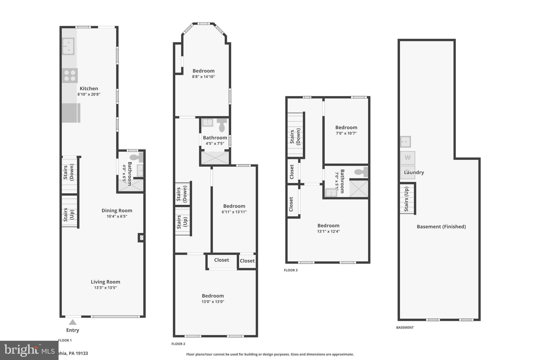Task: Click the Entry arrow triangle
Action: [x=73, y=322]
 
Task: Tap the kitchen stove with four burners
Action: [x=70, y=75]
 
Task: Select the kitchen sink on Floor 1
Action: [x=68, y=46]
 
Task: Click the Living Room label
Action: [x=105, y=282]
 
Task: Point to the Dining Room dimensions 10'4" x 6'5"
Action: [x=117, y=216]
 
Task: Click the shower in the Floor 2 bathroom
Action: [x=215, y=158]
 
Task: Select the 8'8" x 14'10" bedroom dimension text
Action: [x=203, y=77]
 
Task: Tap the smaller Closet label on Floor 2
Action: [x=247, y=261]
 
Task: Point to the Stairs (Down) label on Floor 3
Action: [x=295, y=137]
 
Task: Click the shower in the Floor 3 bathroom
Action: [x=359, y=188]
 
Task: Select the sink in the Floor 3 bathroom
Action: [x=331, y=193]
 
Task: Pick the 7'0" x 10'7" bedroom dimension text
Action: [x=346, y=133]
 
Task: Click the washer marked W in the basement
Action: [x=407, y=158]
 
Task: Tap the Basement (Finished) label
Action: [x=441, y=227]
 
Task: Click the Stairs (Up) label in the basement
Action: [x=406, y=199]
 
